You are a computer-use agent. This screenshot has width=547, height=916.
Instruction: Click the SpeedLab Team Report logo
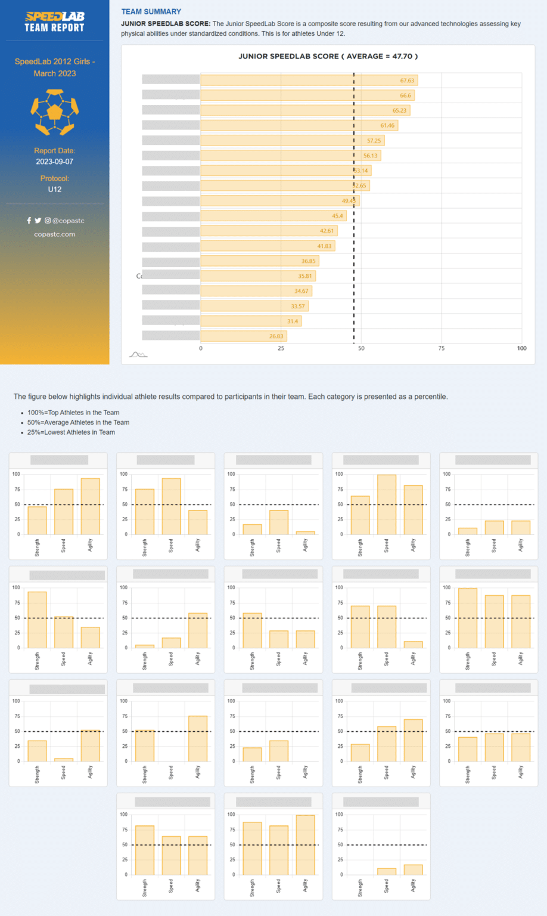[54, 21]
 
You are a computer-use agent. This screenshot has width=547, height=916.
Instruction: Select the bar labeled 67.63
[309, 81]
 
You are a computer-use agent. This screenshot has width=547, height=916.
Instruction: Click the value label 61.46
[387, 126]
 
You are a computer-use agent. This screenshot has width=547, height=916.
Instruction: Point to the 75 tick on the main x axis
[442, 348]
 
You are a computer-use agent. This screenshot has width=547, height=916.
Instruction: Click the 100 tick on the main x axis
[521, 348]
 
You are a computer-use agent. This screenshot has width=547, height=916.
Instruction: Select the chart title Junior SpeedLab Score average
[328, 57]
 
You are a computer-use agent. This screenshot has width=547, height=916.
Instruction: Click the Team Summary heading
[151, 11]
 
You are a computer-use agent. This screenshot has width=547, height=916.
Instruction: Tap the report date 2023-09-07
[54, 162]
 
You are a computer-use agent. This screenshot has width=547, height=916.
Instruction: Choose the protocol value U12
[54, 189]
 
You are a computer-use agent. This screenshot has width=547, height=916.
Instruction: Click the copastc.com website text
[54, 234]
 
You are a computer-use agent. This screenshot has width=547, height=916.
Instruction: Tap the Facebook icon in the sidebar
[29, 221]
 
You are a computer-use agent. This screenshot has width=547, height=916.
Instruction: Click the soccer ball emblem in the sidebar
[54, 112]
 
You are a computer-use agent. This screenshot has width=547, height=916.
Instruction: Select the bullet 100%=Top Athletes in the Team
[73, 413]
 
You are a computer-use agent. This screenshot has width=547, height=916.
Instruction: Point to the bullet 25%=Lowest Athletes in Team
[71, 432]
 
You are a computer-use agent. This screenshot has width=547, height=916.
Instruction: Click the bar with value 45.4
[273, 216]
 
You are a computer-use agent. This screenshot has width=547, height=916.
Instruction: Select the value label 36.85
[308, 261]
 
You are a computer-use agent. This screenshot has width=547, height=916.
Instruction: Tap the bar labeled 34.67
[256, 291]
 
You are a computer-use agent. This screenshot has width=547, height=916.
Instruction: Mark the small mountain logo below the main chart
[138, 355]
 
